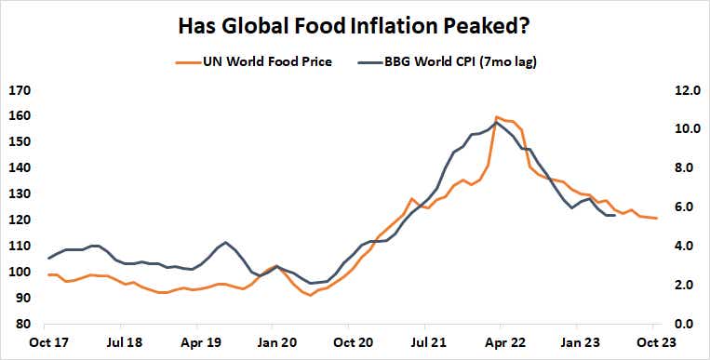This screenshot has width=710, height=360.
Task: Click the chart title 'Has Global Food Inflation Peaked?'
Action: point(355,25)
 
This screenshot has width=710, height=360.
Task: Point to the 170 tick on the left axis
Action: point(20,90)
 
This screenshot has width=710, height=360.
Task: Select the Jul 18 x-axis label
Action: point(123,342)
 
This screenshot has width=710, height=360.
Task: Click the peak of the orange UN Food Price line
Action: point(497,116)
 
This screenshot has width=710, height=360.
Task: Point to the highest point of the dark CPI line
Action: point(497,122)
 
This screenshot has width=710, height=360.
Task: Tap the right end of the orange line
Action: point(658,218)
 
